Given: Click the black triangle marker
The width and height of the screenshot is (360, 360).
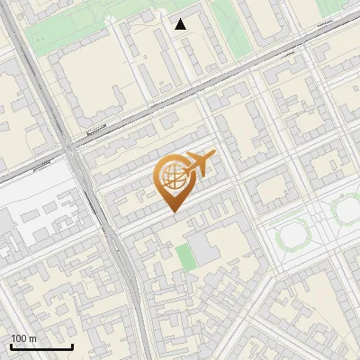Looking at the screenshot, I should [x=181, y=24].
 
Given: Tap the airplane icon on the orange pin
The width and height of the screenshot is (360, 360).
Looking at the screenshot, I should [x=200, y=164].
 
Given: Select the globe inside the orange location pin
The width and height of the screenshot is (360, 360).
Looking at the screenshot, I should [x=172, y=177].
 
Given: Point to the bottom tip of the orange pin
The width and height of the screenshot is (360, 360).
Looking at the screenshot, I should [x=172, y=211].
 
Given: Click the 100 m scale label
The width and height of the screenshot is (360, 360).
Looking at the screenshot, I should [x=23, y=339].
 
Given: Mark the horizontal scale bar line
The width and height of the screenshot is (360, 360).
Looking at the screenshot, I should [x=41, y=347].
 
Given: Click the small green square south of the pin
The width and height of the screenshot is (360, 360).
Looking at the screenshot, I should [x=184, y=256].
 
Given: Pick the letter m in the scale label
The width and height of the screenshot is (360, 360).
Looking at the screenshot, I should [x=32, y=339].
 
